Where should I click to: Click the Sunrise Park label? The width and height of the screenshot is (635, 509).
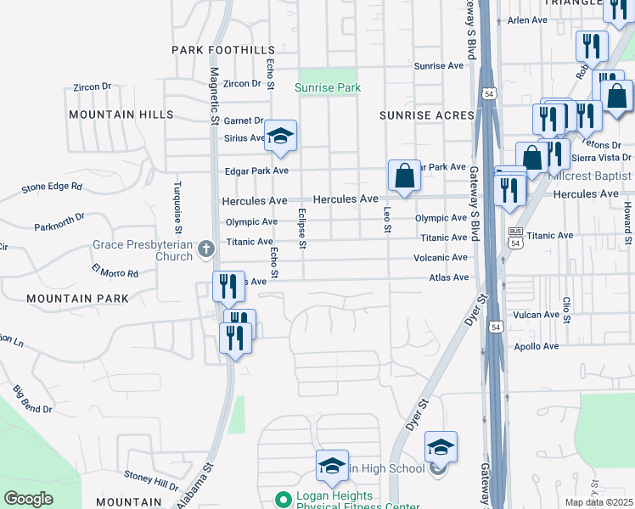coord(328,87)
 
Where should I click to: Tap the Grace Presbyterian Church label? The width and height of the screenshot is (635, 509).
coord(143,250)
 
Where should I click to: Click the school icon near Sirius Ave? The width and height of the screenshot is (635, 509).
coord(280,136)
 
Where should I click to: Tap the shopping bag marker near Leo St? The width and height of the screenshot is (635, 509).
coord(405,176)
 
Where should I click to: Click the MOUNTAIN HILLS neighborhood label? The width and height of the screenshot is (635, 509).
coord(121,115)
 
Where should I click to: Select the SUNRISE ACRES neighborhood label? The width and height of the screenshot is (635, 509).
coord(426,115)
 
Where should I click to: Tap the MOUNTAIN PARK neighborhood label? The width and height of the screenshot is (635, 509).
coord(77,299)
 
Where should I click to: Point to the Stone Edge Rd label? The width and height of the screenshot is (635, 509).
coord(52,187)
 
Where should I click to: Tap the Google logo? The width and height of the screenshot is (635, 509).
coord(28,499)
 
